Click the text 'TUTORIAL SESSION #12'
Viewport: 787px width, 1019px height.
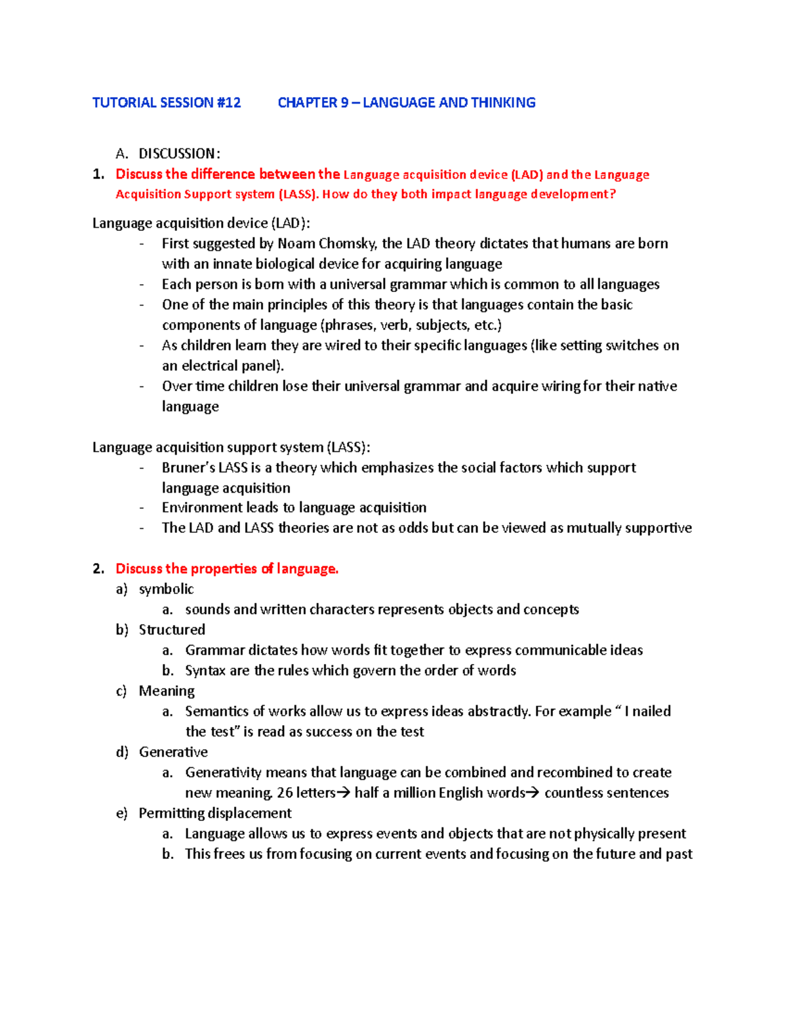pyautogui.click(x=167, y=103)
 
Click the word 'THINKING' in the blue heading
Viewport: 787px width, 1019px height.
pyautogui.click(x=503, y=103)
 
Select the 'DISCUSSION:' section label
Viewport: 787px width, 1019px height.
pyautogui.click(x=179, y=154)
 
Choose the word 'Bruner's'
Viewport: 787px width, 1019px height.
pyautogui.click(x=188, y=468)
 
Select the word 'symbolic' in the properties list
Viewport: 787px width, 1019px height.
pyautogui.click(x=167, y=589)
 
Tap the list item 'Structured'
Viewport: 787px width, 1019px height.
pyautogui.click(x=172, y=630)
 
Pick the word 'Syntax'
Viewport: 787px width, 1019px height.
pyautogui.click(x=205, y=671)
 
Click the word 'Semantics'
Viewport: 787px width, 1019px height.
pyautogui.click(x=217, y=711)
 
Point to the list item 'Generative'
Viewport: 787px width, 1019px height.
pyautogui.click(x=173, y=752)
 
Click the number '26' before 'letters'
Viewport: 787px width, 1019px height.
pyautogui.click(x=285, y=793)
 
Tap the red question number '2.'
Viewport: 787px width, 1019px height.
pyautogui.click(x=98, y=569)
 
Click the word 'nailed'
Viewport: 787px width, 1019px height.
pyautogui.click(x=651, y=711)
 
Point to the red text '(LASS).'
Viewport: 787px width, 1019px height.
pyautogui.click(x=298, y=194)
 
